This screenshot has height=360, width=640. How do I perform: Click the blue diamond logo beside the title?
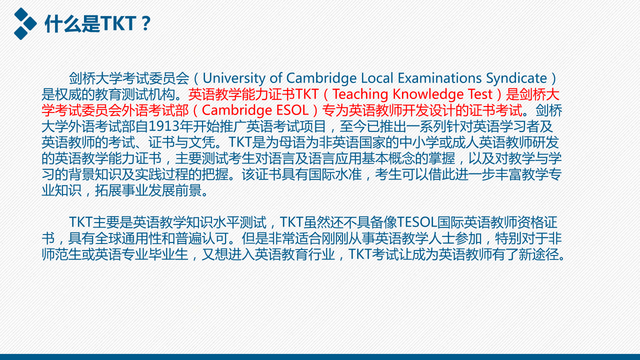coord(25,23)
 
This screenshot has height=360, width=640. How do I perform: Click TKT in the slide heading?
coord(118,23)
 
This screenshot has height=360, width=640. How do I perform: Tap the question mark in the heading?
coord(145,23)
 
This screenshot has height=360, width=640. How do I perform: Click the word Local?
coord(377,78)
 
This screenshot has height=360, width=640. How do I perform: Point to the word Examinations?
coord(439,78)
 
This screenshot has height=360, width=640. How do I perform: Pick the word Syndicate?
coord(516,78)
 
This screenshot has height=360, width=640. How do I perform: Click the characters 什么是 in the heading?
coord(72,23)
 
